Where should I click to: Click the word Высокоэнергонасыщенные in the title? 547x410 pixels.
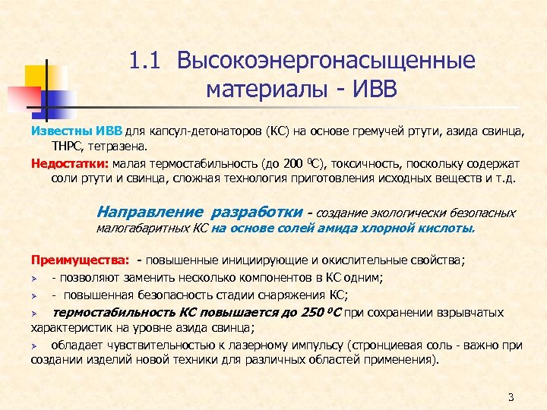326,61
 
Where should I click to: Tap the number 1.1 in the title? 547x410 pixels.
147,61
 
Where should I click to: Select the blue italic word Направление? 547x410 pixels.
151,213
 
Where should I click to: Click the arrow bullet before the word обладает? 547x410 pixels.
34,345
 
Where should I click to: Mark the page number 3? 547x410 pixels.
511,397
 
